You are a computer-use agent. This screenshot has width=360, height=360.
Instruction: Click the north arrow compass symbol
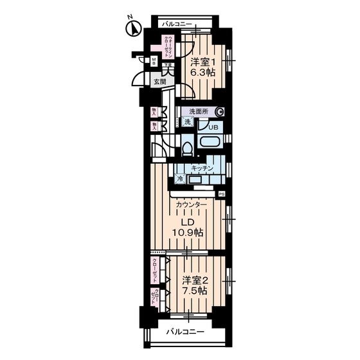coord(135,28)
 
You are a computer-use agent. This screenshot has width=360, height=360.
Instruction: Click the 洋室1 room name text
coord(203,62)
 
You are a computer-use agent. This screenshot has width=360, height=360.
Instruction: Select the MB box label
coord(154,62)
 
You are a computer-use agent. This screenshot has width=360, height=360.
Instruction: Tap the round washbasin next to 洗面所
coord(220,111)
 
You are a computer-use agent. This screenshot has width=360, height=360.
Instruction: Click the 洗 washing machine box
coord(187,122)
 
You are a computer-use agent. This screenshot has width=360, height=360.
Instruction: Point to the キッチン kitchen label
coord(201,168)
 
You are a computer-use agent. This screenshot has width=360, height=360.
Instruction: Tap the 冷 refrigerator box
coord(180,179)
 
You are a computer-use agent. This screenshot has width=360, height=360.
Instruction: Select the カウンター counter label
coord(192,205)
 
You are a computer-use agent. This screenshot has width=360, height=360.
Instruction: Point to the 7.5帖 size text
coord(195,291)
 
